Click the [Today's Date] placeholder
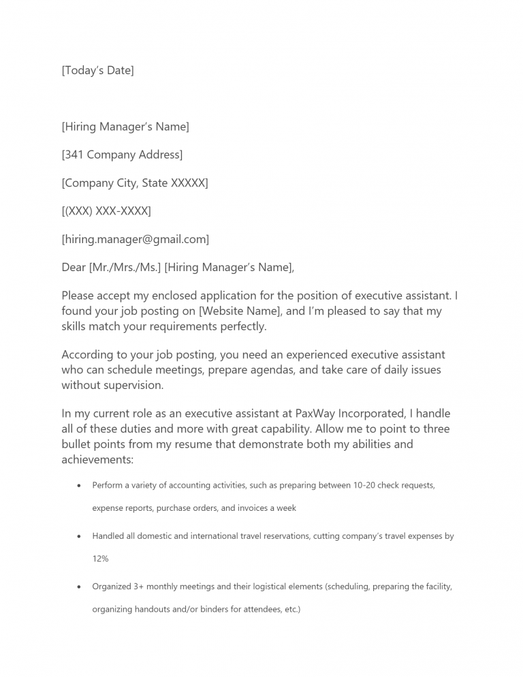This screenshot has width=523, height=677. coord(97,71)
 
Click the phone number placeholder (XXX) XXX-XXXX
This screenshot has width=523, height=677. coord(106,211)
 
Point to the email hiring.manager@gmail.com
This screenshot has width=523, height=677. coord(135,239)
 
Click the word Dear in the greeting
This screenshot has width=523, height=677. coord(74,268)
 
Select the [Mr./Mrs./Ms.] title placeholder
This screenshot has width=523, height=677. coord(125,268)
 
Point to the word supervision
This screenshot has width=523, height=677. coord(133,385)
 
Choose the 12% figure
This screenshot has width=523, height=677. coord(100,558)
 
